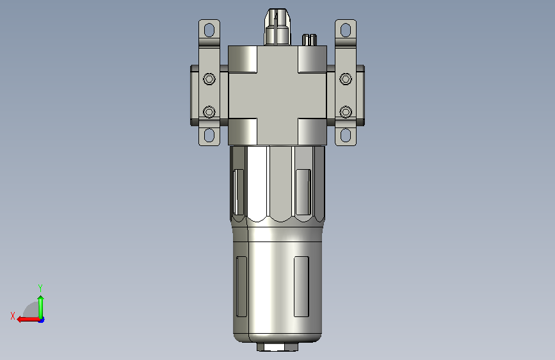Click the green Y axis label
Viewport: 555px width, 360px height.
click(40, 288)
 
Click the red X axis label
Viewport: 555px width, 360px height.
click(13, 316)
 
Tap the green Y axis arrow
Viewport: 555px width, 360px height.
click(41, 308)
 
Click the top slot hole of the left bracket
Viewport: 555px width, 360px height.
click(209, 29)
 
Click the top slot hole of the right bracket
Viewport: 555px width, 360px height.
click(346, 29)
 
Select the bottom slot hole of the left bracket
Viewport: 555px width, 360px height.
click(209, 135)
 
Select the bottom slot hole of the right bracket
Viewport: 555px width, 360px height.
click(346, 135)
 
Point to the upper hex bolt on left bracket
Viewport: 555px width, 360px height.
click(209, 79)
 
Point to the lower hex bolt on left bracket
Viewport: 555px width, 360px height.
click(209, 112)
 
